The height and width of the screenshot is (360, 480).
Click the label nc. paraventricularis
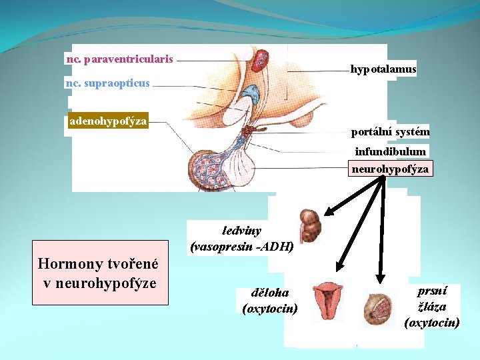point(120,59)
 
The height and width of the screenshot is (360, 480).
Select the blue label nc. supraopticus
point(108,84)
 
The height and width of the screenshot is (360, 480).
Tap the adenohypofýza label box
point(109,121)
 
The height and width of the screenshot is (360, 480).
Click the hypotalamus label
point(383,69)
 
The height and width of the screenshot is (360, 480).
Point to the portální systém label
point(391,132)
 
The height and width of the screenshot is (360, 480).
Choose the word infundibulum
point(390,151)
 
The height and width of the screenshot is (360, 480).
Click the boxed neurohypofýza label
point(391,169)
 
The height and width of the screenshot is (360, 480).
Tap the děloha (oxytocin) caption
point(270,300)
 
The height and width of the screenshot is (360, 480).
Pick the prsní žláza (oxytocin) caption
point(432,307)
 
